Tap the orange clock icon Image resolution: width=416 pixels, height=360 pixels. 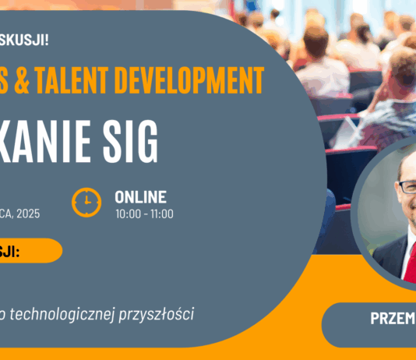pos(86,203)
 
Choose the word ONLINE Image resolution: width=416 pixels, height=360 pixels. pos(140,197)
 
